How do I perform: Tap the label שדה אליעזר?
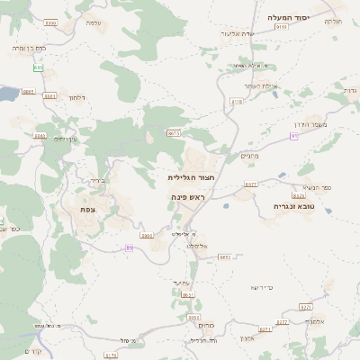[234, 32]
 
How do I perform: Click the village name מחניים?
[251, 156]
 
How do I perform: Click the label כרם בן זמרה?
[30, 47]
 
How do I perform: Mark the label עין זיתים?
[67, 139]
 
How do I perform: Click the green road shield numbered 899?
[38, 67]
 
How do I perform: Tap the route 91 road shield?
[293, 135]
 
